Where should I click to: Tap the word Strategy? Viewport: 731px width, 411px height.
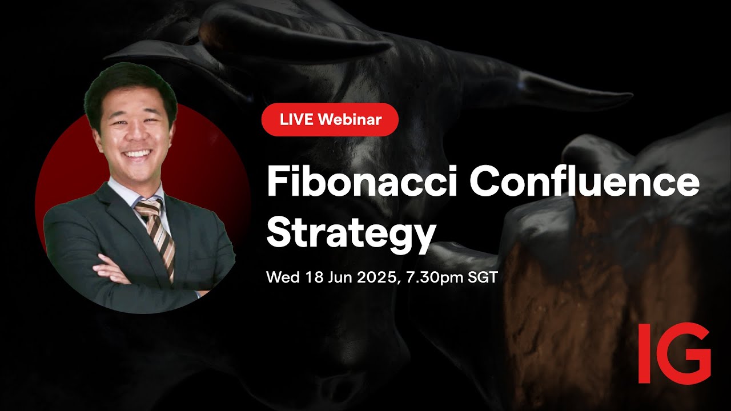tap(351, 232)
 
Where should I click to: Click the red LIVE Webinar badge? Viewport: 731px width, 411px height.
tap(330, 119)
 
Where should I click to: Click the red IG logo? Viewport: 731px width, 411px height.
tap(674, 353)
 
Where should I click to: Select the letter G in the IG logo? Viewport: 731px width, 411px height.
tap(684, 353)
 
